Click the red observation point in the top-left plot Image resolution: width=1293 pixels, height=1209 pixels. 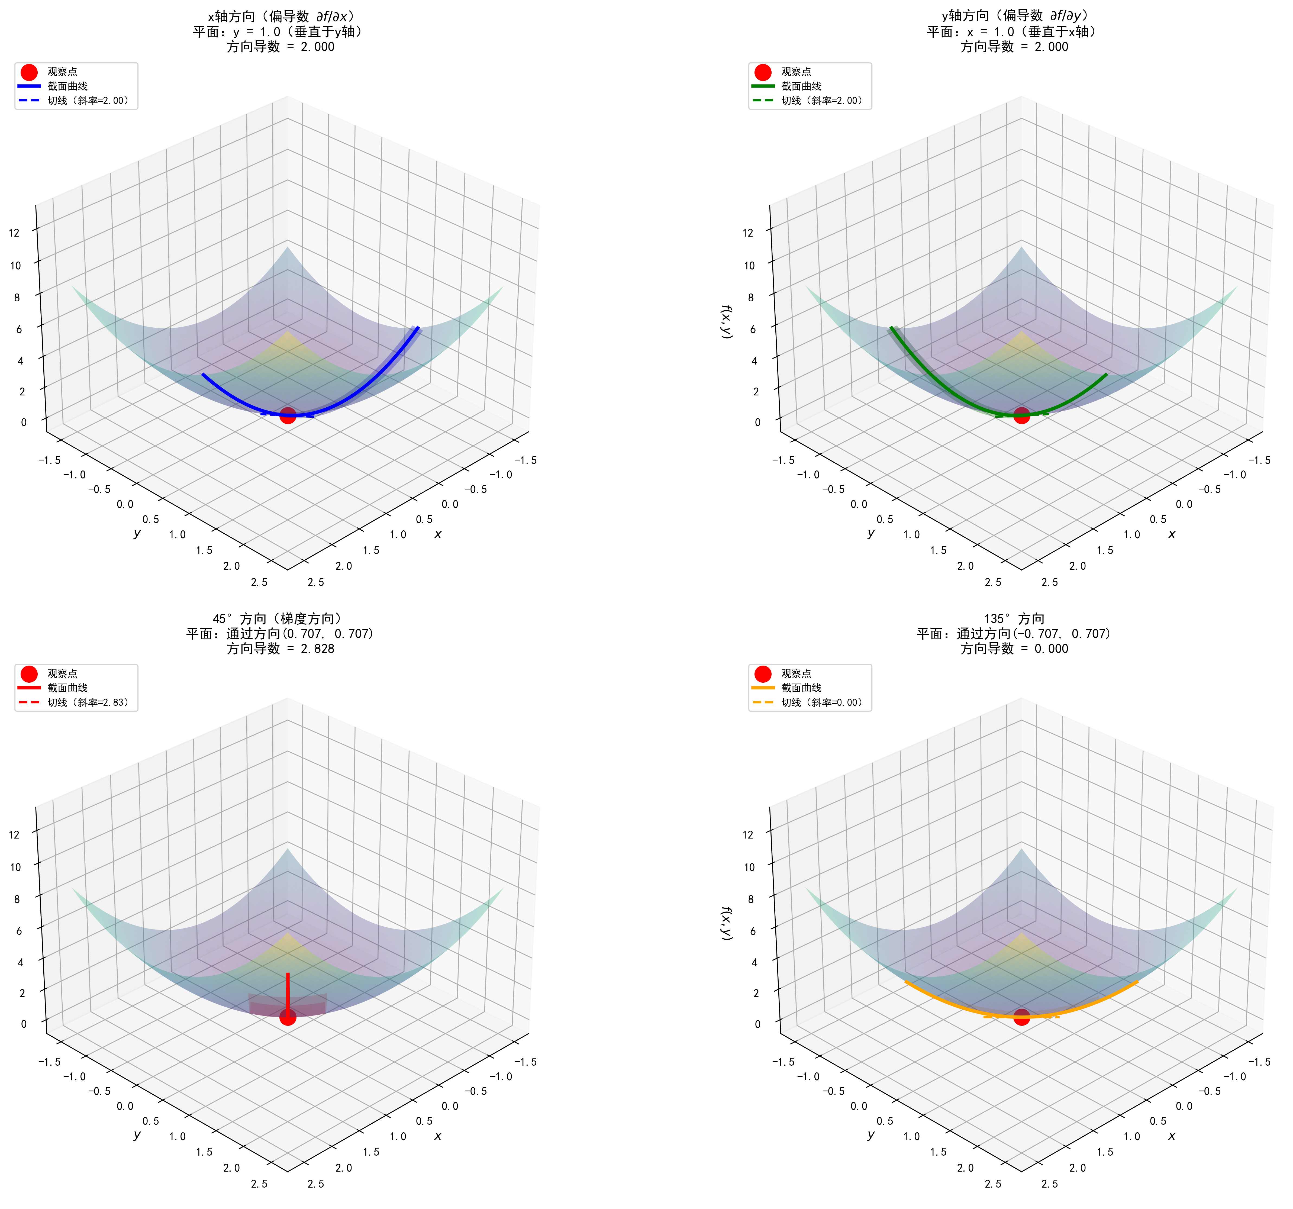[288, 415]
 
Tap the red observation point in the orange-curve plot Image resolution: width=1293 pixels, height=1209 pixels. [1021, 1017]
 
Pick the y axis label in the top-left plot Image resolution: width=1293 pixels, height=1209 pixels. [137, 533]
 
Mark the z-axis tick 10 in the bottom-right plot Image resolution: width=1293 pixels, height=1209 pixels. [749, 867]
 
